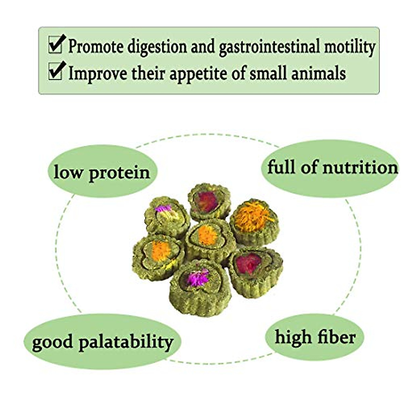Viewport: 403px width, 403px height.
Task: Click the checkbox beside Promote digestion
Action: tap(55, 45)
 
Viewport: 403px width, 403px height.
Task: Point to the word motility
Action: tap(349, 47)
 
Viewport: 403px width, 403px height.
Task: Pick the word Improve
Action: tap(98, 73)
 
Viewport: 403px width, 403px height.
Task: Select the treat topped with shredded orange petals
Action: tap(254, 220)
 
